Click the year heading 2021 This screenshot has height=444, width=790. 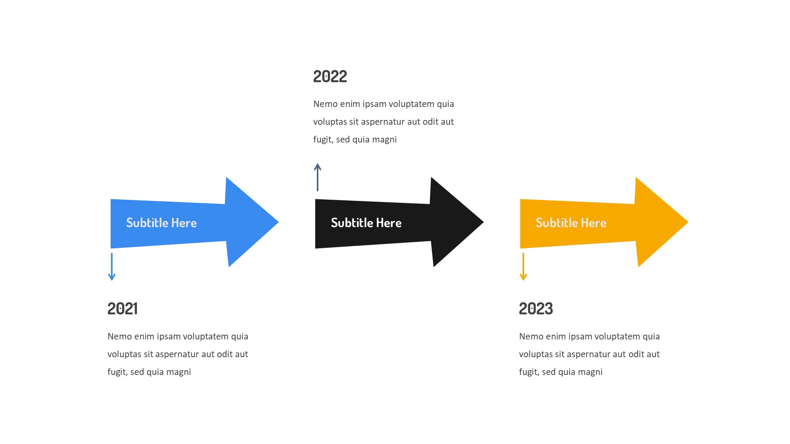pyautogui.click(x=122, y=309)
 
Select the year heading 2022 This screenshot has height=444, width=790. pyautogui.click(x=330, y=77)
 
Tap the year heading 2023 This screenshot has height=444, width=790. pyautogui.click(x=536, y=309)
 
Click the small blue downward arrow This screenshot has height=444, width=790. pyautogui.click(x=112, y=267)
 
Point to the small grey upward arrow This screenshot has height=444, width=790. pyautogui.click(x=318, y=177)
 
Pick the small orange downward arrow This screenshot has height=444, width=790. pyautogui.click(x=523, y=267)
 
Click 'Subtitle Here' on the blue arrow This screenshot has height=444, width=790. pyautogui.click(x=161, y=223)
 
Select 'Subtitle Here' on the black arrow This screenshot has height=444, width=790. pyautogui.click(x=366, y=223)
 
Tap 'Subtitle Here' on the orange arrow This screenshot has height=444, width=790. pyautogui.click(x=571, y=223)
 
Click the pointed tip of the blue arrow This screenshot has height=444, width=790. pyautogui.click(x=278, y=222)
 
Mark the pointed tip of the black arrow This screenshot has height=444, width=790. pyautogui.click(x=483, y=222)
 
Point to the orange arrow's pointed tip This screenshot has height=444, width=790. pyautogui.click(x=688, y=222)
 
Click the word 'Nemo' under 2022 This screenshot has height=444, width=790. pyautogui.click(x=325, y=104)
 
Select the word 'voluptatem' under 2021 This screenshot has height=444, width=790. pyautogui.click(x=206, y=337)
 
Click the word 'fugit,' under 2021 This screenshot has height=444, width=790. pyautogui.click(x=118, y=372)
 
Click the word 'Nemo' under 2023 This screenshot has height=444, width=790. pyautogui.click(x=531, y=337)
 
